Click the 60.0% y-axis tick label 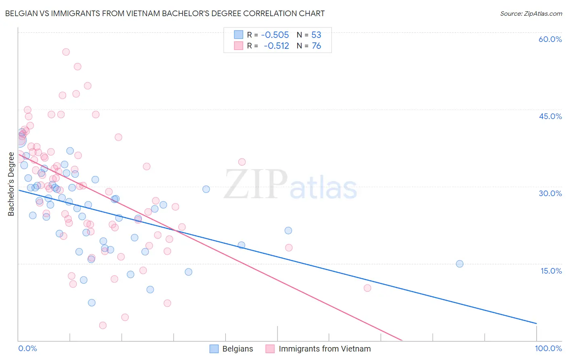pos(550,39)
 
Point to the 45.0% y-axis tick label pos(550,116)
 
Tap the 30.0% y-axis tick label pos(550,193)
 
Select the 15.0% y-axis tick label pos(551,271)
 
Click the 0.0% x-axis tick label pos(27,348)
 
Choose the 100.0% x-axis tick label pos(548,348)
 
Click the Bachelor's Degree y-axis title pos(11,184)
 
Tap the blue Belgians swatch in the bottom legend pos(214,349)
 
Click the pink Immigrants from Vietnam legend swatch pos(270,349)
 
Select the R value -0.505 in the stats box pos(275,35)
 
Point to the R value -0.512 pos(276,46)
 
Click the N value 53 pos(316,35)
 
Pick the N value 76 pos(316,46)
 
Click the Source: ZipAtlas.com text pos(531,14)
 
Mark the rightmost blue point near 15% pos(459,264)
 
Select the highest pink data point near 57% pos(66,52)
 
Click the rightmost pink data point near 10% pos(367,288)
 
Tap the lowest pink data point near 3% pos(103,325)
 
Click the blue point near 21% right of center pos(288,231)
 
